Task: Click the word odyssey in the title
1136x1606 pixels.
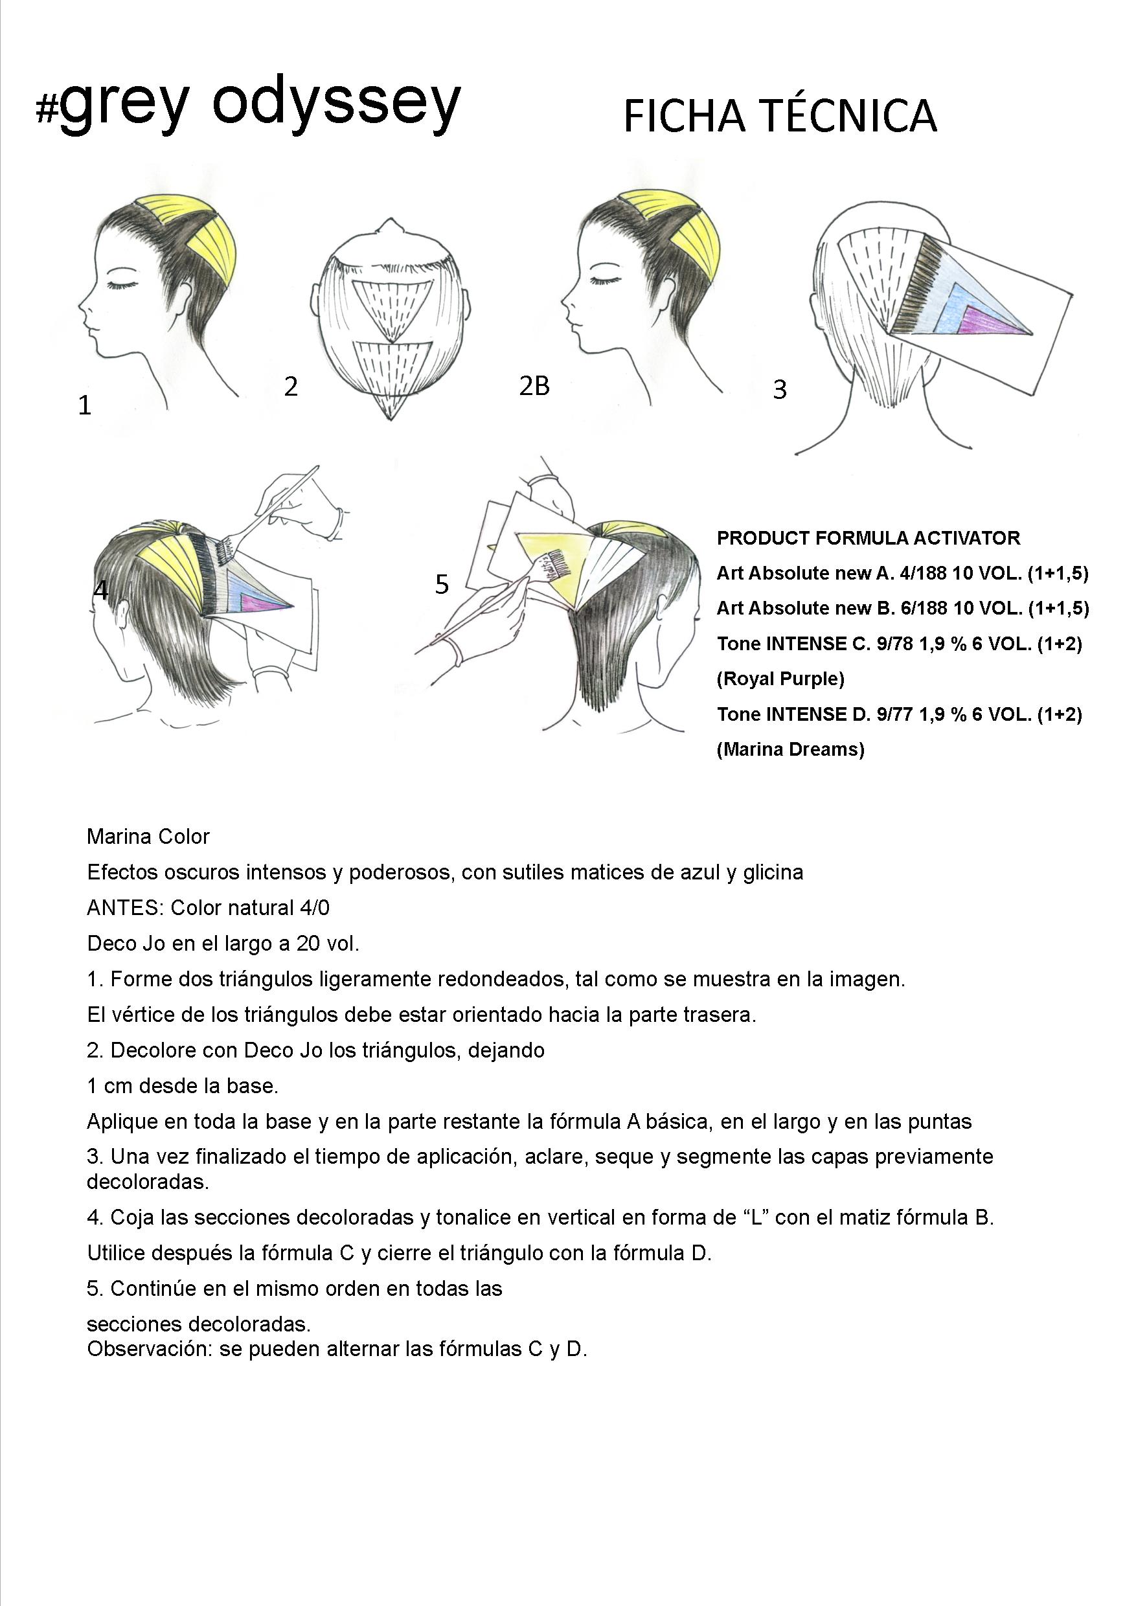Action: pos(335,105)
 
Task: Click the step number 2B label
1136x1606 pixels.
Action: pos(534,385)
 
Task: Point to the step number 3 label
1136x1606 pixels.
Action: pos(779,390)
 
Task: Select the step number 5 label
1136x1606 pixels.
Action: pos(442,584)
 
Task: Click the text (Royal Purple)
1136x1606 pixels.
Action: pos(780,679)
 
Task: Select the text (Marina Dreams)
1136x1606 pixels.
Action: pos(790,749)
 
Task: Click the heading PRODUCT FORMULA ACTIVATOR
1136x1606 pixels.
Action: pos(868,538)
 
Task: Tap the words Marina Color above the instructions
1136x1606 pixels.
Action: pos(148,836)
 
